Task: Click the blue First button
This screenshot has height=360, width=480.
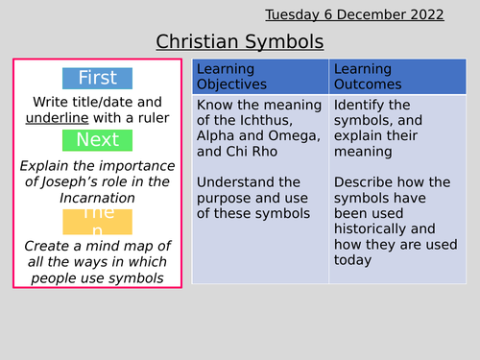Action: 97,78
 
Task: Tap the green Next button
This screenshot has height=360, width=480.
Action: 97,140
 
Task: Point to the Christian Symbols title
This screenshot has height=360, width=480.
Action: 239,42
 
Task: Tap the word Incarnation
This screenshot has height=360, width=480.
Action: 97,198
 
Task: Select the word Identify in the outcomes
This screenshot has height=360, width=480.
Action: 358,105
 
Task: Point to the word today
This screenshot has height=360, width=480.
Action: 352,259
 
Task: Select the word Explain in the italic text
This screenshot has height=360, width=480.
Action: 47,165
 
